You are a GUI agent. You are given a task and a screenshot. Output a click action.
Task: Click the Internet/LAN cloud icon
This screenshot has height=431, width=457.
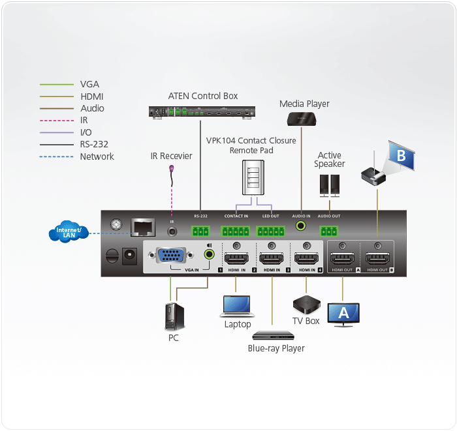click(68, 232)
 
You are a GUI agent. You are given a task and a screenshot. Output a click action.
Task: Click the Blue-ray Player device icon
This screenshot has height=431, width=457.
click(274, 335)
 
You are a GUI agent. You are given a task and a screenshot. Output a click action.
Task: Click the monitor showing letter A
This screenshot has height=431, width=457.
click(343, 314)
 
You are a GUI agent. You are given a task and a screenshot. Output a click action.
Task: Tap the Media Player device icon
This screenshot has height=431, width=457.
click(302, 118)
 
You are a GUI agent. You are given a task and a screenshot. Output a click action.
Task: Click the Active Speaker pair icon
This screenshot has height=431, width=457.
click(330, 185)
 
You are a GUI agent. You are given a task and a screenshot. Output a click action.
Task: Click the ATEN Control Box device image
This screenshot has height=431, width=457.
click(200, 112)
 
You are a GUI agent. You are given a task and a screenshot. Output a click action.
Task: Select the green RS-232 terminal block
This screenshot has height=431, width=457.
click(201, 231)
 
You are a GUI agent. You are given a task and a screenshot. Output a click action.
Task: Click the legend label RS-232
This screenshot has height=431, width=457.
click(94, 145)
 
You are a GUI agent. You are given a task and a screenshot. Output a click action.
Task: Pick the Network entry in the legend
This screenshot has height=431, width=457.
click(97, 156)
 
